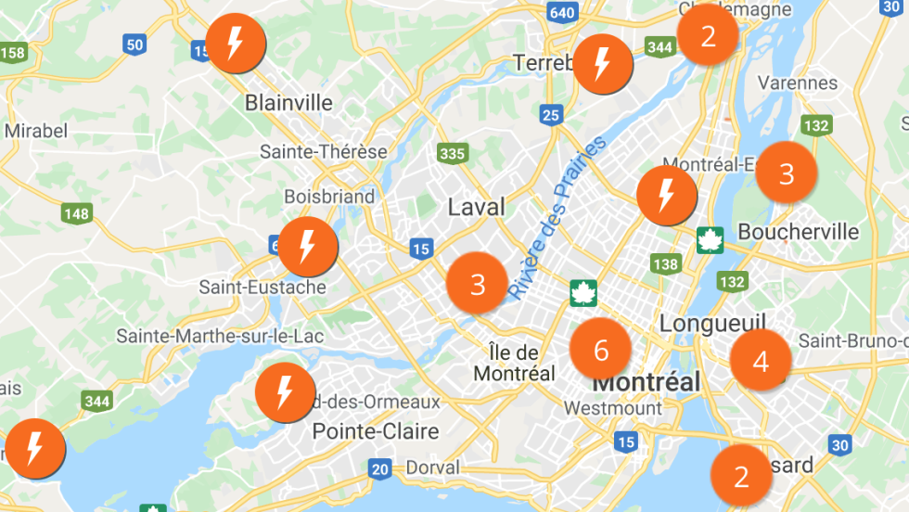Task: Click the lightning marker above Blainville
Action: tap(236, 44)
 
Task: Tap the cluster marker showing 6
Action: tap(601, 351)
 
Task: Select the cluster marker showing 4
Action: tap(761, 361)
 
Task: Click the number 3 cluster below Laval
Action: tap(478, 284)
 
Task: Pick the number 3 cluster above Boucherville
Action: tap(787, 173)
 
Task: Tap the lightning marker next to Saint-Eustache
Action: tap(308, 247)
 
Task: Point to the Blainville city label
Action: tap(288, 103)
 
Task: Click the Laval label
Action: tap(477, 207)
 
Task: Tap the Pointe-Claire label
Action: tap(375, 431)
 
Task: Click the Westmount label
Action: tap(613, 408)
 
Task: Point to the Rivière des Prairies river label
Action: tap(557, 218)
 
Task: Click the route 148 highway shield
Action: tap(77, 214)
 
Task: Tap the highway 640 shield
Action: tap(562, 12)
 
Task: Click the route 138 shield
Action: tap(665, 263)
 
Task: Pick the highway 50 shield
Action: tap(134, 45)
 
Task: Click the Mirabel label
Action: tap(36, 131)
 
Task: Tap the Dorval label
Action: tap(431, 467)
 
